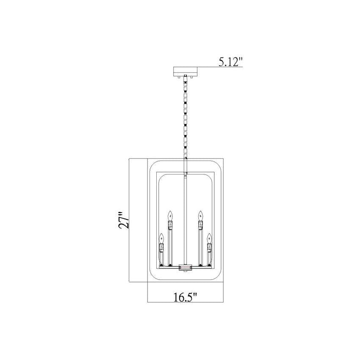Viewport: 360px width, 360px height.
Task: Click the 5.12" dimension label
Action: pyautogui.click(x=230, y=62)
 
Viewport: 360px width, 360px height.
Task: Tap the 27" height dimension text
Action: pyautogui.click(x=124, y=219)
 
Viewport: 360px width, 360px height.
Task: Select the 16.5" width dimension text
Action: pyautogui.click(x=185, y=297)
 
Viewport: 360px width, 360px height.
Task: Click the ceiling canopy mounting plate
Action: pyautogui.click(x=186, y=72)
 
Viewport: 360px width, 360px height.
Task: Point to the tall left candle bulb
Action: pyautogui.click(x=170, y=216)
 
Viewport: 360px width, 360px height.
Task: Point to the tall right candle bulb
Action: pyautogui.click(x=201, y=216)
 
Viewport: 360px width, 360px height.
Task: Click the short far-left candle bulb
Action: pyautogui.click(x=162, y=238)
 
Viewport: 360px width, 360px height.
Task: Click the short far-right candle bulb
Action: pyautogui.click(x=209, y=238)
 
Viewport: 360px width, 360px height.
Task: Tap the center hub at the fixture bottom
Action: pyautogui.click(x=185, y=268)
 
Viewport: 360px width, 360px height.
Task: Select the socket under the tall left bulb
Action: pyautogui.click(x=170, y=225)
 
